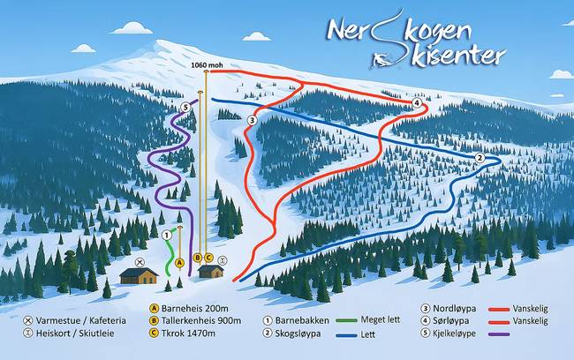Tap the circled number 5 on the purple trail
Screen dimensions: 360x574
[x=185, y=107]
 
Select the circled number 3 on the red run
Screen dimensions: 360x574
[x=253, y=120]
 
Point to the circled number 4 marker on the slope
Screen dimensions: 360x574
[x=416, y=103]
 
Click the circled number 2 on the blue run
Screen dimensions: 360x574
[x=480, y=158]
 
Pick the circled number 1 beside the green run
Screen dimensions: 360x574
[x=166, y=235]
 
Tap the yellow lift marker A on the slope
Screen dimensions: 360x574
[x=179, y=262]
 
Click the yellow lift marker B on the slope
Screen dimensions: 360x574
[x=198, y=258]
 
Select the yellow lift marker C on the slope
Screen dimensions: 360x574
[x=209, y=258]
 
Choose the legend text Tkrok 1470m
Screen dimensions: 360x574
[x=189, y=334]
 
